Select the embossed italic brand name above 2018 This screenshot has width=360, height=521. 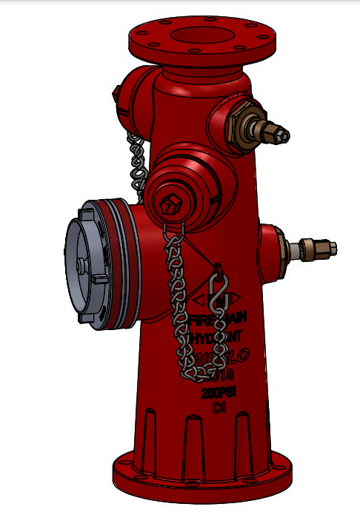[216, 358]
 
